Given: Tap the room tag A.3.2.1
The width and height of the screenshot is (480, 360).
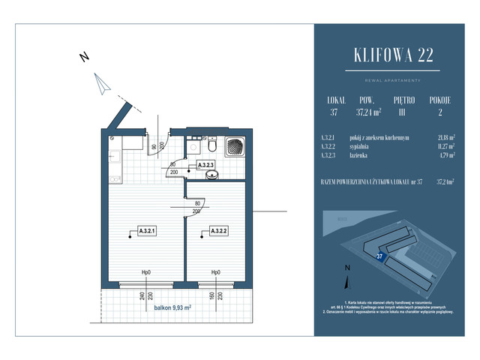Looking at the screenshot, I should (148, 230).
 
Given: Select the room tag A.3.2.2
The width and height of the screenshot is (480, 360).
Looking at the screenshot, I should (220, 230).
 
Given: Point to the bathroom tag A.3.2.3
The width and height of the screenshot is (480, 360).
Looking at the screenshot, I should (206, 165).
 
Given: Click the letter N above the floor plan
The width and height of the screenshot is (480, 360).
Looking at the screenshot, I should (85, 57).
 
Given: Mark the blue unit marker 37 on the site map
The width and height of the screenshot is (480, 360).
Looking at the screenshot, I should (380, 256).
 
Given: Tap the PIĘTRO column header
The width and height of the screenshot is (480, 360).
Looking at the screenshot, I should (407, 99).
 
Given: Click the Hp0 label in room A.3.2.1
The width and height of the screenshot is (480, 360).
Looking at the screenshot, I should (147, 272).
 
